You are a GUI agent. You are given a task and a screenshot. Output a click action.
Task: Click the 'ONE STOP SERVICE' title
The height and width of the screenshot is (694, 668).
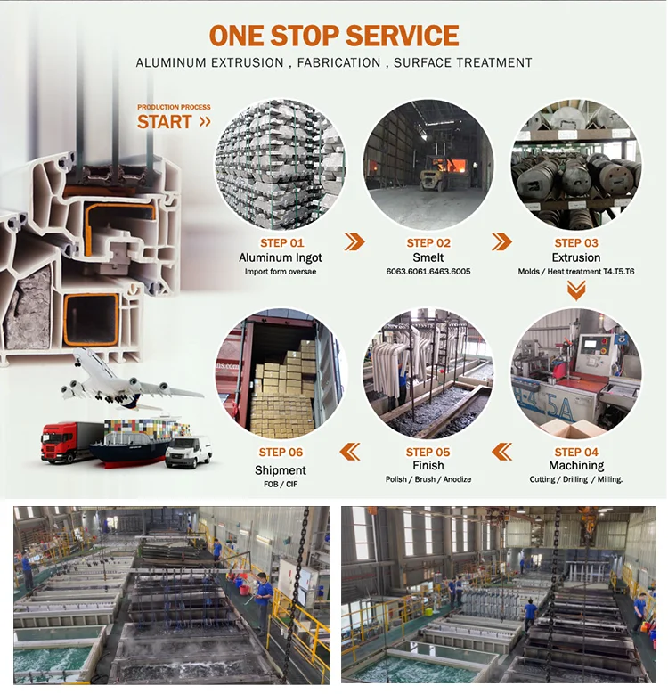click(x=334, y=36)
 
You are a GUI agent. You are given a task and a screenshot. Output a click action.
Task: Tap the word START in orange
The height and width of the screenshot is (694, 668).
click(x=165, y=122)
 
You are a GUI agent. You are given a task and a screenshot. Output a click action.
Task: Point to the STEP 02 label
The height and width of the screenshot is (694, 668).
click(x=428, y=242)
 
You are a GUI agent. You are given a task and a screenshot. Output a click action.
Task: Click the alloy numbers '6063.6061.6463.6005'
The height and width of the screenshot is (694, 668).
click(x=428, y=271)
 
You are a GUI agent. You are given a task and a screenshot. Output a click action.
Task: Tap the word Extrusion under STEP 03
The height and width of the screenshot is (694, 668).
click(x=576, y=257)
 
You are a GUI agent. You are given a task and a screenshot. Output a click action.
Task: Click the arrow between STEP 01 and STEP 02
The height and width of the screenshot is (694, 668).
click(x=354, y=241)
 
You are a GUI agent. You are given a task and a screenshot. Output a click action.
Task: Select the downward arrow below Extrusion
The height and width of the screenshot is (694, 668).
click(x=576, y=290)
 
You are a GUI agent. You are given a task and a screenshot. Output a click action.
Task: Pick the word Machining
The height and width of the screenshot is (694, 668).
click(x=576, y=466)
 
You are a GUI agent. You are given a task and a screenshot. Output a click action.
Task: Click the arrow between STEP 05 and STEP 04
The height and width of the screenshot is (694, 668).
click(x=502, y=452)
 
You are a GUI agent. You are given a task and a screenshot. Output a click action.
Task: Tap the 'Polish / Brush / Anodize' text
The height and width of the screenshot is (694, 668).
click(x=428, y=479)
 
